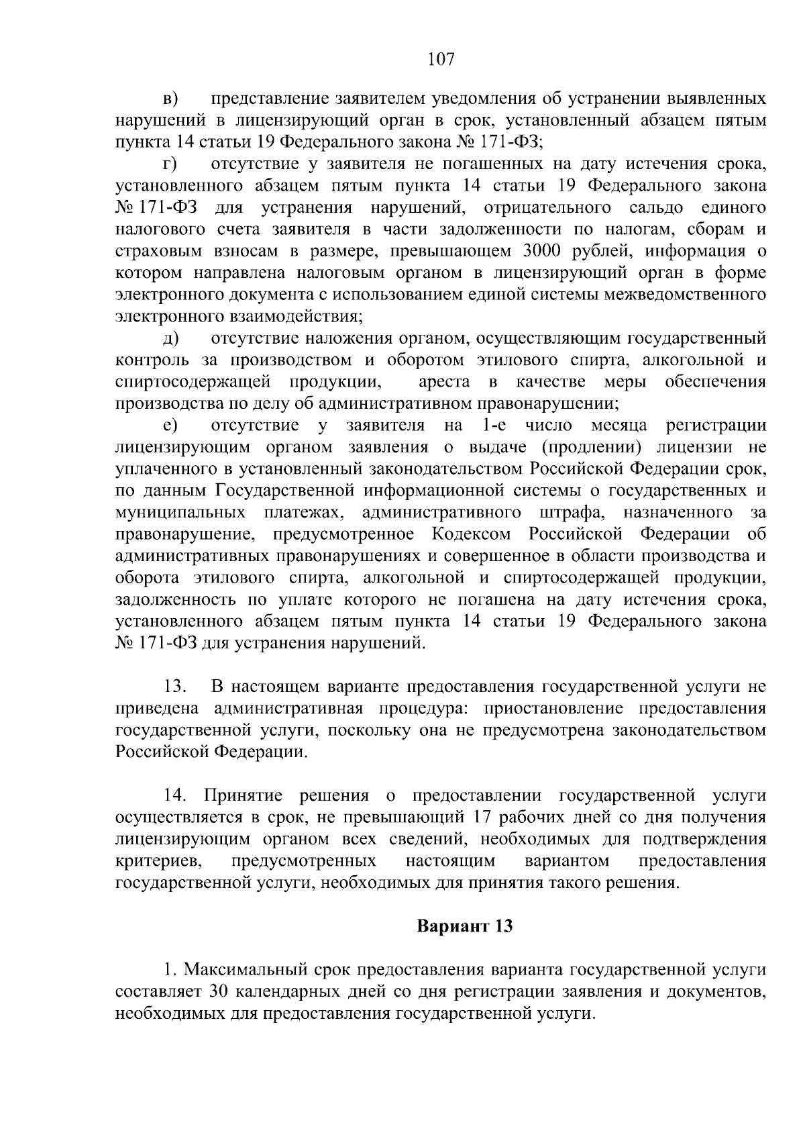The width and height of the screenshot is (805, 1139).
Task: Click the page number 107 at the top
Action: [x=441, y=60]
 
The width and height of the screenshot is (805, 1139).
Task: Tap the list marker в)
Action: [x=170, y=99]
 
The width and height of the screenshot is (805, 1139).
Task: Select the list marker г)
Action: [x=169, y=164]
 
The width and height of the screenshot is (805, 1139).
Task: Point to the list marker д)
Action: [x=170, y=339]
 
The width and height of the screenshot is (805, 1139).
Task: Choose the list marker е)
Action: [x=170, y=426]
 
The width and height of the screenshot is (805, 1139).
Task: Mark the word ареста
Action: [x=443, y=383]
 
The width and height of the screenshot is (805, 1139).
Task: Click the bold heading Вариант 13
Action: [x=464, y=927]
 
